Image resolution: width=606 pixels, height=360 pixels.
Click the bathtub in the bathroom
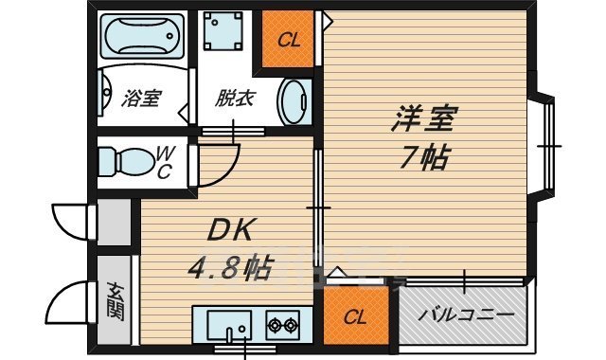click(142, 39)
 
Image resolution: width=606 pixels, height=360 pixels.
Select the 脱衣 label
click(229, 99)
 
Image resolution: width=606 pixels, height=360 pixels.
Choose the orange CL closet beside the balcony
click(354, 316)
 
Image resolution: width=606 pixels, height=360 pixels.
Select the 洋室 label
click(425, 120)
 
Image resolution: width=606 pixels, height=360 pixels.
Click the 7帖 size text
click(422, 157)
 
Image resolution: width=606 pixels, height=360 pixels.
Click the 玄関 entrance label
click(116, 300)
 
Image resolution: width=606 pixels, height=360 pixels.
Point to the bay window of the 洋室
click(547, 146)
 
